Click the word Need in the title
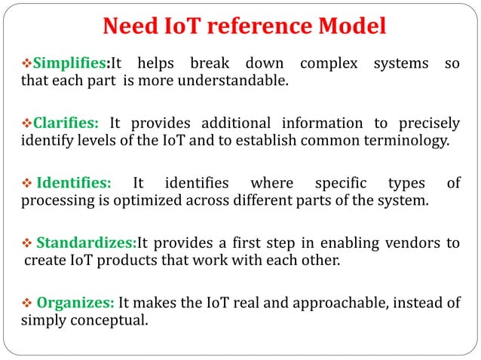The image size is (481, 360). tap(127, 27)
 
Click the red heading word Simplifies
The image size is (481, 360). tap(72, 63)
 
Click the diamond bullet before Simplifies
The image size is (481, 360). tap(27, 63)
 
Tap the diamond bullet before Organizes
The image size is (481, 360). tap(27, 303)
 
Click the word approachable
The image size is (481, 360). tap(321, 303)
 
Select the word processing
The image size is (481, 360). tap(54, 200)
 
